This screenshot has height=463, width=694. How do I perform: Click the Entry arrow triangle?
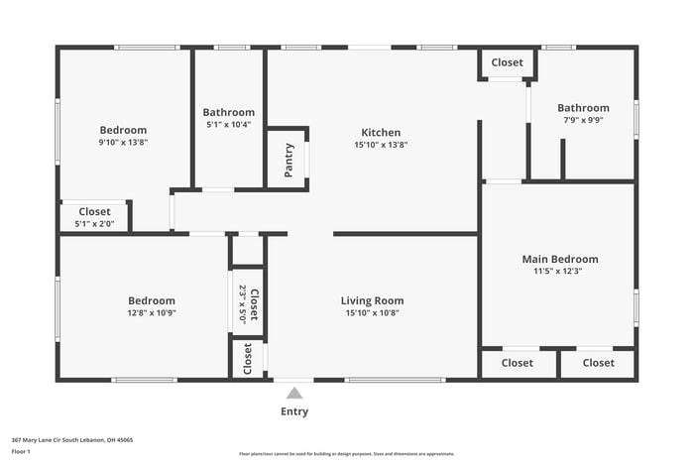point(294,395)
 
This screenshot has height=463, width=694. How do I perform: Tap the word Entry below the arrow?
point(294,411)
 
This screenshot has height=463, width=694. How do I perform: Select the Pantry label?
point(289,160)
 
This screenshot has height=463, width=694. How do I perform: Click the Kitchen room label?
point(381,132)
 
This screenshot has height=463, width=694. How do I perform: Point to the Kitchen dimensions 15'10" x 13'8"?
point(381,145)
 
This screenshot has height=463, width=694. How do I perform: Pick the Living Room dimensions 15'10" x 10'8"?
point(372,313)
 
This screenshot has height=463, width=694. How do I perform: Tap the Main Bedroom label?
point(560,259)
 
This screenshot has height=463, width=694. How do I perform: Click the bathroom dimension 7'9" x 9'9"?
point(583,120)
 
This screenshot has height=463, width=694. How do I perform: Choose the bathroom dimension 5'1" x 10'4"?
point(228,125)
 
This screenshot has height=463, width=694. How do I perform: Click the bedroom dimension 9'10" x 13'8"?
point(123,143)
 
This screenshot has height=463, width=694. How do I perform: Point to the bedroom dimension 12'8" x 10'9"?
point(152,313)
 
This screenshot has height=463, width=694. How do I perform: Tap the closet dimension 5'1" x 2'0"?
point(95,224)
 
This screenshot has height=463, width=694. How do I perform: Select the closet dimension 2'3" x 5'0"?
point(242,303)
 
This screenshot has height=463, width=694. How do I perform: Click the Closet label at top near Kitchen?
point(507,62)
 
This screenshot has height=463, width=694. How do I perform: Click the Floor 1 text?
point(21,452)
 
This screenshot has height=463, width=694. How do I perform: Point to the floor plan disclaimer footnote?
point(346,453)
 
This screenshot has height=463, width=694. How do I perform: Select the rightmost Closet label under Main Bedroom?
point(598,363)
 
